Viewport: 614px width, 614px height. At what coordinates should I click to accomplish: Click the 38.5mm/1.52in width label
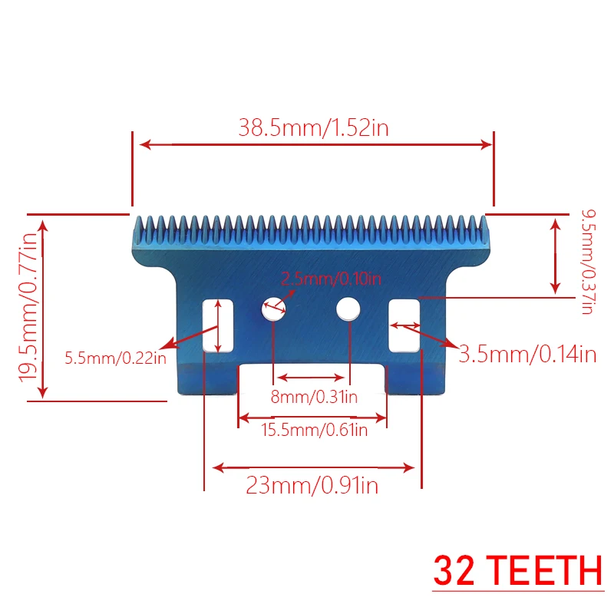pyautogui.click(x=313, y=127)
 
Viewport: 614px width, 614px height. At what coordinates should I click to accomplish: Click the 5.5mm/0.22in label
pyautogui.click(x=115, y=357)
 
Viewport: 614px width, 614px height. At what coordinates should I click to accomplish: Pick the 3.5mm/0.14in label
pyautogui.click(x=527, y=354)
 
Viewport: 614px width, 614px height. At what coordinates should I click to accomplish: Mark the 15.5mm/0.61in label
pyautogui.click(x=314, y=431)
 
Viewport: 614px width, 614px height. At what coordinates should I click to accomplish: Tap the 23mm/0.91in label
pyautogui.click(x=312, y=485)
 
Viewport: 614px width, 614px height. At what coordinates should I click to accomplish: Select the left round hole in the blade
pyautogui.click(x=272, y=309)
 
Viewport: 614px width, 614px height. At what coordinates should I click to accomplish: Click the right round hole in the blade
pyautogui.click(x=348, y=309)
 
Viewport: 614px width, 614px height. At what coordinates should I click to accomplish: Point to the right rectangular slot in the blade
pyautogui.click(x=404, y=325)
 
